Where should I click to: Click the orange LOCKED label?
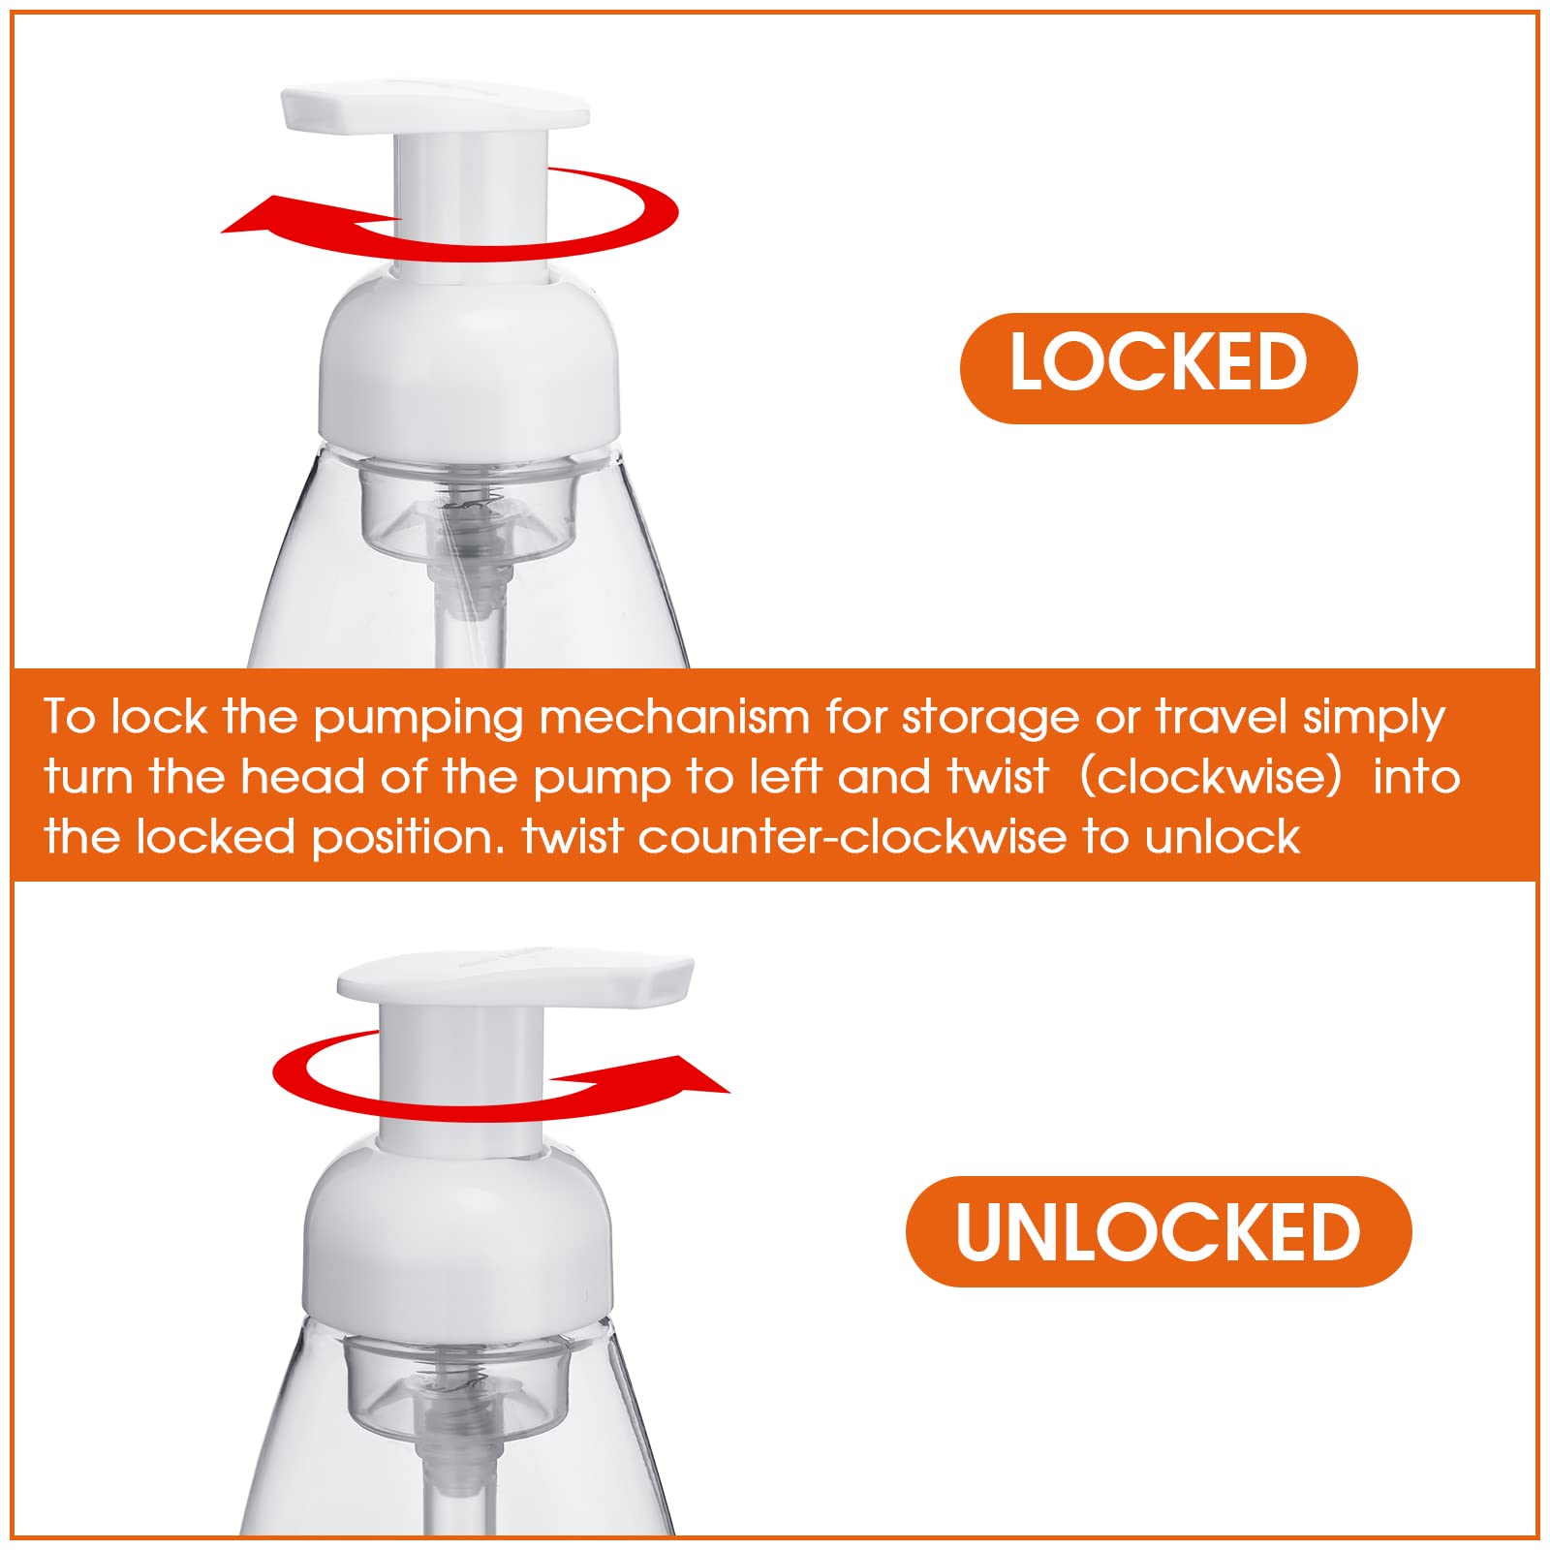(x=1158, y=367)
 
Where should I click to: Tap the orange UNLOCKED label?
(x=1158, y=1231)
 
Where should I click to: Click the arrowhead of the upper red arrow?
(x=254, y=218)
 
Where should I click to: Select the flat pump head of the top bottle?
(x=434, y=109)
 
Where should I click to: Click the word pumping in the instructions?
(x=418, y=719)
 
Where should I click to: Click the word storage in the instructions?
(x=990, y=719)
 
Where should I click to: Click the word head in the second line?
(x=302, y=777)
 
